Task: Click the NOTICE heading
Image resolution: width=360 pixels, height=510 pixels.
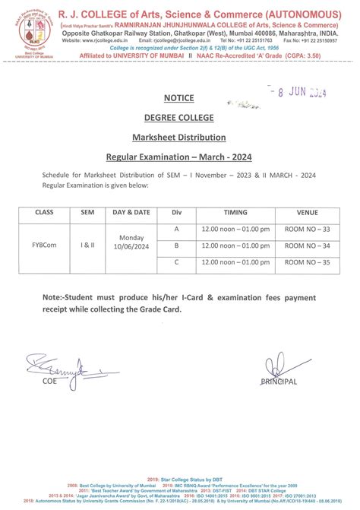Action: (179, 98)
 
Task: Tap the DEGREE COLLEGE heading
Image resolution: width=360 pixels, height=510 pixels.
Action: (179, 117)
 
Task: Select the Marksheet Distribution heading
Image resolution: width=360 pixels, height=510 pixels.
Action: (179, 137)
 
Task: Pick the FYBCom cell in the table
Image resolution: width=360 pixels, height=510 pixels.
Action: (45, 245)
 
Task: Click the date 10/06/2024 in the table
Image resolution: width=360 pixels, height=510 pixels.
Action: (132, 249)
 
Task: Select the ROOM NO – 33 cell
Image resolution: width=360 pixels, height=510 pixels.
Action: (308, 228)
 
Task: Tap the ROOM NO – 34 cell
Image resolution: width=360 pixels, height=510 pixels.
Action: (308, 245)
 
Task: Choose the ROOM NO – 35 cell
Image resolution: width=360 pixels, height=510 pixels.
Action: (308, 263)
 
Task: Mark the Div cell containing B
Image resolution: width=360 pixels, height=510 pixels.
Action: (176, 245)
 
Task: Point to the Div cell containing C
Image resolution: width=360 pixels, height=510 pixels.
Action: (176, 263)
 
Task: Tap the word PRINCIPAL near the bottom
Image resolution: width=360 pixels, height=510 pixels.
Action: (279, 381)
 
